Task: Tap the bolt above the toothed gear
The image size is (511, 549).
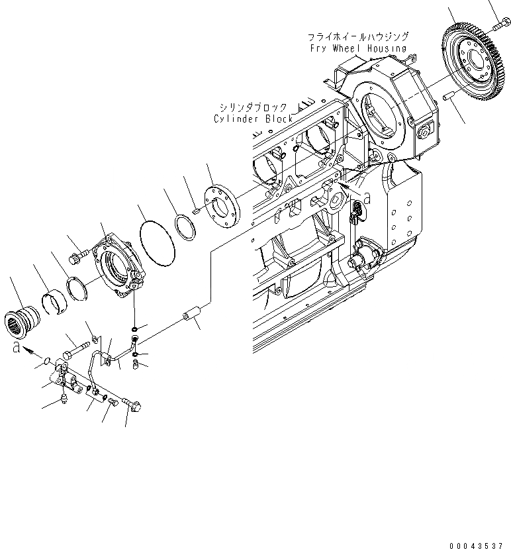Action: click(x=500, y=26)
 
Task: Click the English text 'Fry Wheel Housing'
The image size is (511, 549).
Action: click(x=358, y=48)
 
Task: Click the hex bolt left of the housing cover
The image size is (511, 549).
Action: click(x=78, y=254)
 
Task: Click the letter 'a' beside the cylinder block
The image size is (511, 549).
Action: click(x=368, y=197)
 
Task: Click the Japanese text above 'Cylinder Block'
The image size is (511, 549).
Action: click(x=254, y=107)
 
